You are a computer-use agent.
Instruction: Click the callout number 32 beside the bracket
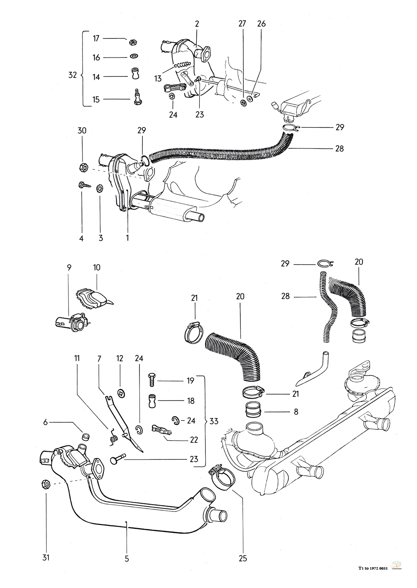(x=73, y=75)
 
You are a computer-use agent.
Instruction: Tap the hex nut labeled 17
(x=133, y=42)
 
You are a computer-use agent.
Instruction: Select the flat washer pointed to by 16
(x=133, y=56)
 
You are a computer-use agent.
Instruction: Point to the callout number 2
(x=197, y=24)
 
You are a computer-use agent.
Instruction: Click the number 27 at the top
(x=242, y=24)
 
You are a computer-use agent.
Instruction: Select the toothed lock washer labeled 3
(x=100, y=188)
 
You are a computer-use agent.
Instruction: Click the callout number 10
(x=97, y=267)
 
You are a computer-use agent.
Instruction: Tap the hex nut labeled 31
(x=46, y=484)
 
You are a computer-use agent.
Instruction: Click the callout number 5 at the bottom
(x=127, y=558)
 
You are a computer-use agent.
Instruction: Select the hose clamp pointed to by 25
(x=219, y=475)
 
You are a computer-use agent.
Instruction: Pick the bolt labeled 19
(x=152, y=380)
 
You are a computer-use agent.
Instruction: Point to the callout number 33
(x=214, y=421)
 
